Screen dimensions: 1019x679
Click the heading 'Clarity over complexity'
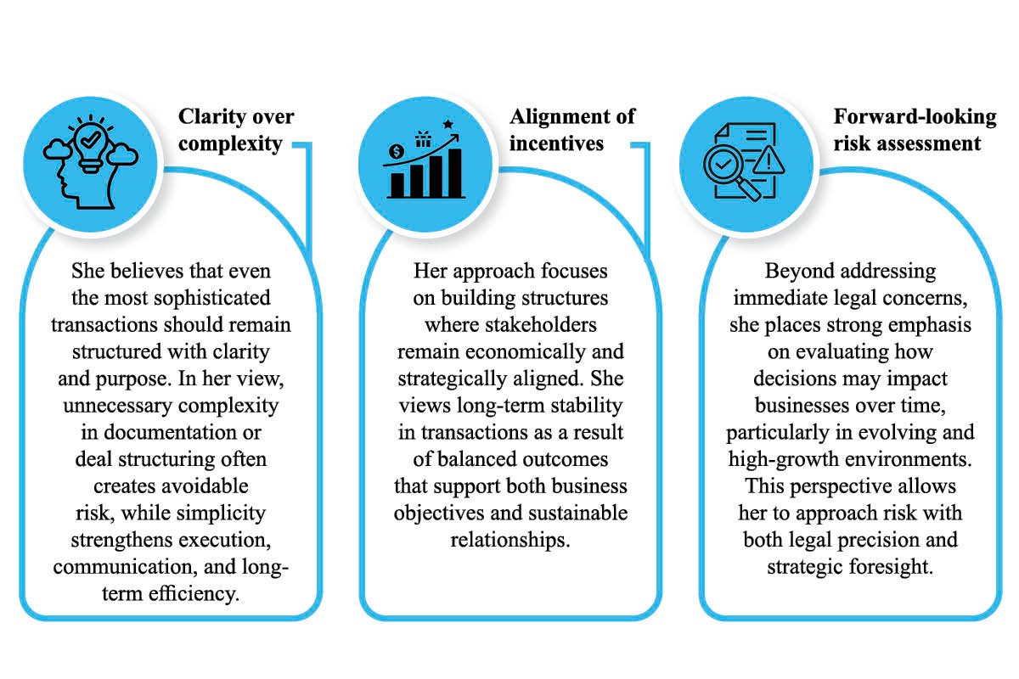tap(236, 130)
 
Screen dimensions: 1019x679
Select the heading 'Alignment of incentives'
tap(571, 130)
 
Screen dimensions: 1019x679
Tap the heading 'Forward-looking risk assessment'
tap(915, 130)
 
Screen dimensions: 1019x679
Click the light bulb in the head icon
tap(91, 147)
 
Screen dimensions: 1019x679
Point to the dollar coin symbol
tap(397, 151)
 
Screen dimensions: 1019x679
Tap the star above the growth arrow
tap(448, 124)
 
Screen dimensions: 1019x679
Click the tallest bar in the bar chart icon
tap(455, 173)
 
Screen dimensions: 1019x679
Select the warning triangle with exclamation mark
tap(768, 161)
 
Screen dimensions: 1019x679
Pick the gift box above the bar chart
tap(423, 139)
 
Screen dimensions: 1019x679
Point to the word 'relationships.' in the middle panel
tap(510, 541)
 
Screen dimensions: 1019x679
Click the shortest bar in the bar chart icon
tap(397, 185)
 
